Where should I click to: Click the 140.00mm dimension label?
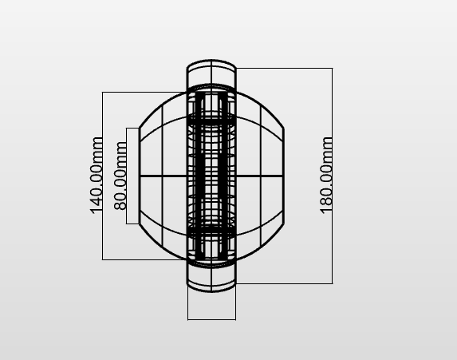point(97,176)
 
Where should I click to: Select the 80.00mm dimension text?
point(120,176)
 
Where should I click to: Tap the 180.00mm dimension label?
point(326,176)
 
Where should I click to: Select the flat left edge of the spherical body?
point(140,176)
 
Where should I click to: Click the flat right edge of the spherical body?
point(283,176)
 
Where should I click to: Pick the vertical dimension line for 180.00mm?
point(333,176)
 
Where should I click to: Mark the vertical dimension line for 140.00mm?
point(102,176)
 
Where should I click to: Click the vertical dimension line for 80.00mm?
point(126,176)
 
